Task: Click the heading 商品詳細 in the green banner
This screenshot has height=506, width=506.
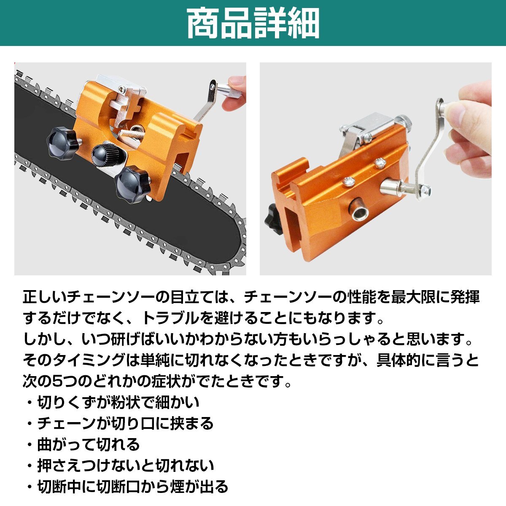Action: (x=253, y=23)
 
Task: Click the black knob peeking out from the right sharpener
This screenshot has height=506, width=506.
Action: (x=269, y=221)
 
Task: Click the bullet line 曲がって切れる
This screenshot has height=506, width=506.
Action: (x=89, y=444)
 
